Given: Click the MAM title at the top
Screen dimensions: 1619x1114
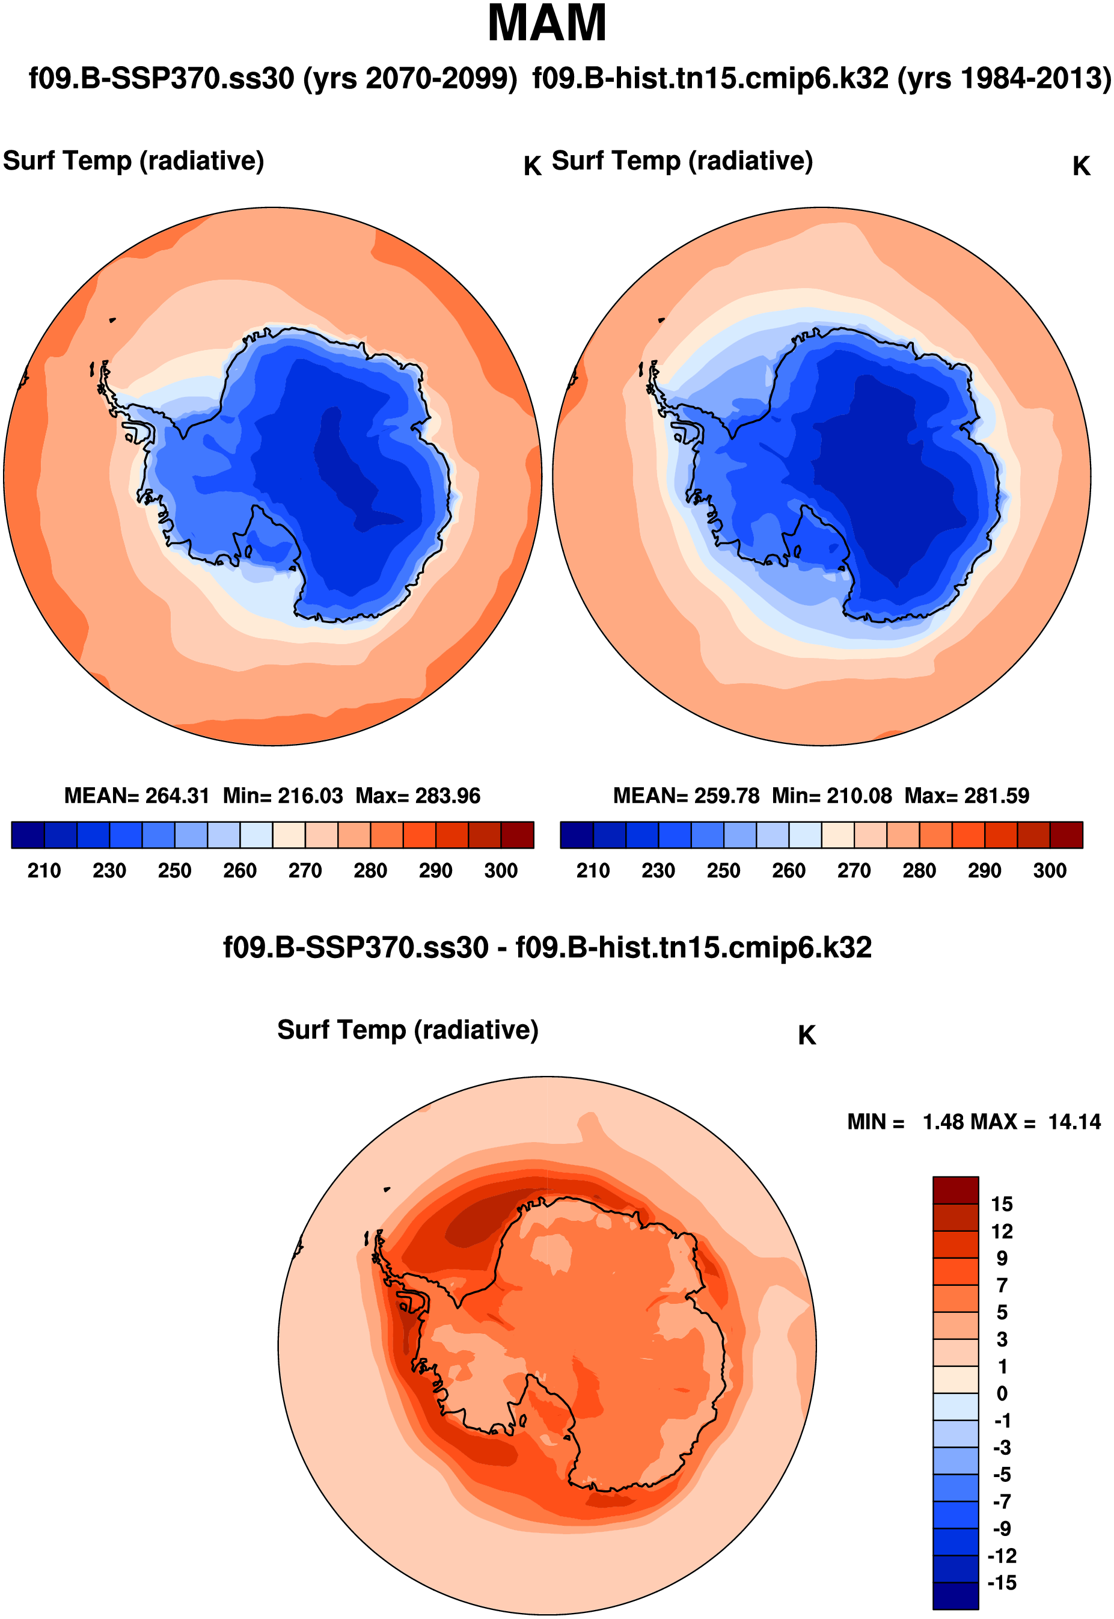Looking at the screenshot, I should [546, 23].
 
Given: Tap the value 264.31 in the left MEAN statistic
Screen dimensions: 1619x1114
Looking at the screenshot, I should [177, 796].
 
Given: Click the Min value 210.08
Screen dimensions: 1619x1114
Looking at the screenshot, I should [859, 796].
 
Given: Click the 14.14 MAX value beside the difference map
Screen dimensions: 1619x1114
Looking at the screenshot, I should [1074, 1122].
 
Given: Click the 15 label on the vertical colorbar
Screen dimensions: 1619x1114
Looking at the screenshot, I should [1002, 1204].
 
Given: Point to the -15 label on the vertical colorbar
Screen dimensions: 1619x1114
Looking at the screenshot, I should [1002, 1583].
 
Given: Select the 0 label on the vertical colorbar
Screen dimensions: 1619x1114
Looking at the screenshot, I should [1002, 1393].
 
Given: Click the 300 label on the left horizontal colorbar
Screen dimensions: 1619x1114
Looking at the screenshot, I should [500, 871].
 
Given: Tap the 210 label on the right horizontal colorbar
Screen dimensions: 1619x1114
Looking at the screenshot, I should [593, 871].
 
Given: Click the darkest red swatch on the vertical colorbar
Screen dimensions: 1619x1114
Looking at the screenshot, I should [955, 1190].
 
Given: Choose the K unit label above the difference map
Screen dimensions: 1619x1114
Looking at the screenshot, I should [807, 1036].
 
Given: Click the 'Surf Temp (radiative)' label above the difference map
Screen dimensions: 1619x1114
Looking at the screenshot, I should [408, 1030].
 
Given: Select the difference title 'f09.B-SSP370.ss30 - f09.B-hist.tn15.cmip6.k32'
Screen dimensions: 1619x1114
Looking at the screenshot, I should [546, 947].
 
